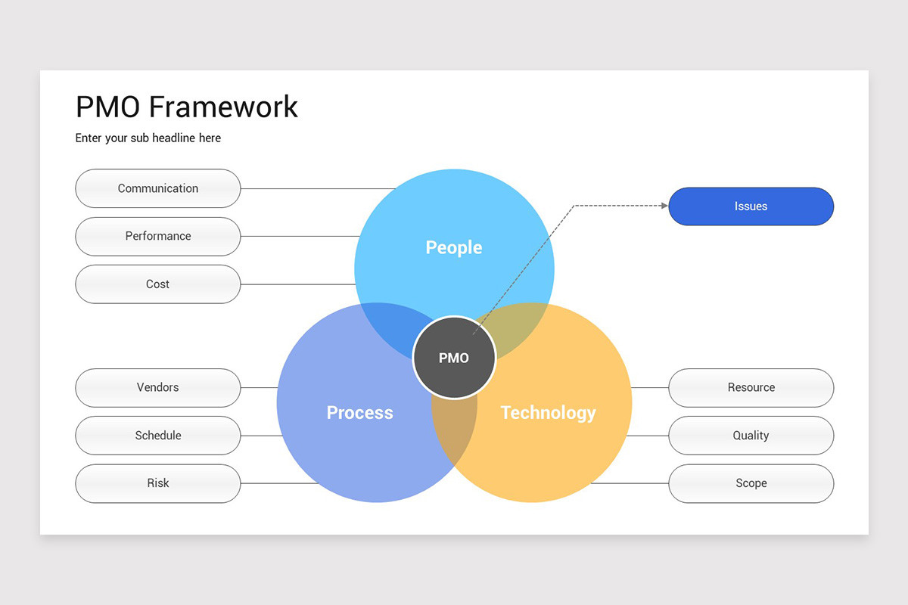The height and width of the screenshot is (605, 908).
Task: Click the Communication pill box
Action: pos(158,188)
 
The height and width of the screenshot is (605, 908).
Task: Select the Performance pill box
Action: pos(158,236)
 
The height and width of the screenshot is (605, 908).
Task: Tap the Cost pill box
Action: pos(158,284)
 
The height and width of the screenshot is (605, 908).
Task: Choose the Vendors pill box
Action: pos(158,387)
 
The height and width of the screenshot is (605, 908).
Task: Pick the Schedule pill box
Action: pos(158,436)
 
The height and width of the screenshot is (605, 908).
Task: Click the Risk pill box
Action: pos(158,483)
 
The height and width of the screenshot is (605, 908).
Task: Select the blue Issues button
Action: pos(751,206)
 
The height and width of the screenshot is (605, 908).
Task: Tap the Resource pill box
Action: pos(751,387)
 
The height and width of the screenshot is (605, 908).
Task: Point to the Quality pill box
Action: pos(751,436)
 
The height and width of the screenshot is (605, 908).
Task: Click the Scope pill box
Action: pos(751,483)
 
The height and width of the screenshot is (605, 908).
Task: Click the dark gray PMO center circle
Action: pos(454,358)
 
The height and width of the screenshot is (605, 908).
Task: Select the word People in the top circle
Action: pos(454,247)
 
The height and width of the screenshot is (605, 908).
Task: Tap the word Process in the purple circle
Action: pos(359,413)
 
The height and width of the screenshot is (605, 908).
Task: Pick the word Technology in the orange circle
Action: pos(548,413)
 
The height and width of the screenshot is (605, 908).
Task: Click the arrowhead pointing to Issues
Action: pos(664,205)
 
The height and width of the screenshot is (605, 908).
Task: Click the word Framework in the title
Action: pos(223,107)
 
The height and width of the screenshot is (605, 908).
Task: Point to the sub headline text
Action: pos(148,138)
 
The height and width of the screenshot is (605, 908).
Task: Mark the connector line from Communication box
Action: pos(318,188)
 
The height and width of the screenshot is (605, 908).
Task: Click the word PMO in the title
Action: pos(108,107)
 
